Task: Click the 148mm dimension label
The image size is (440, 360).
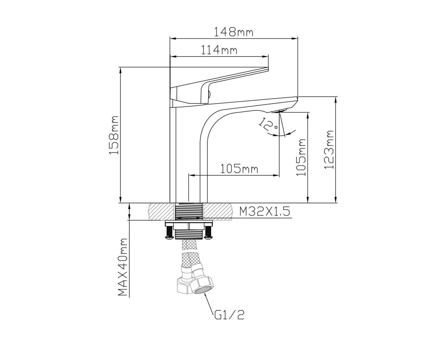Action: pos(234,32)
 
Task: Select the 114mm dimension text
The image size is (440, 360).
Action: pos(219,50)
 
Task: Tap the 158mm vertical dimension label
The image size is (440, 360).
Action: pos(114,135)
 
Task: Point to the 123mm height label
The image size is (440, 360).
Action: pos(329,150)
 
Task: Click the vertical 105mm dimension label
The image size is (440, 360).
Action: pos(301,158)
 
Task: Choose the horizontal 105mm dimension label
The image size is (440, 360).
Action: pos(239,169)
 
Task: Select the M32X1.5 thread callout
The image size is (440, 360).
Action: pos(264,212)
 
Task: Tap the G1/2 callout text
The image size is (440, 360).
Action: pos(229,320)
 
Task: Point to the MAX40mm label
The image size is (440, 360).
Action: pos(123,267)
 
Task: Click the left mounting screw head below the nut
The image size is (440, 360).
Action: pos(168,237)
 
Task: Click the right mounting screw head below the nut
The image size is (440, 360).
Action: pos(208,237)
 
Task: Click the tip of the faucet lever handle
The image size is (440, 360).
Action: pos(267,68)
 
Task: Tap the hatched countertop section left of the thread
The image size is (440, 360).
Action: pos(161,211)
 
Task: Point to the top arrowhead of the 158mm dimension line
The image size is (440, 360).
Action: pos(120,70)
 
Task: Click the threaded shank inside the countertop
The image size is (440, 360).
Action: pos(189,211)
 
